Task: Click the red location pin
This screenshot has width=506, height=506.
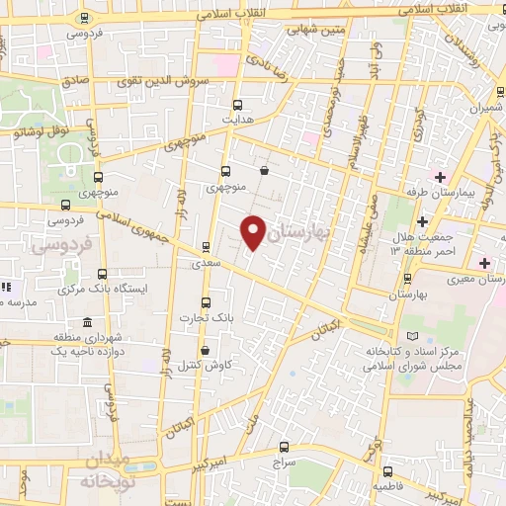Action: pyautogui.click(x=254, y=231)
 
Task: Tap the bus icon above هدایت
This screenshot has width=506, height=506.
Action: pyautogui.click(x=237, y=104)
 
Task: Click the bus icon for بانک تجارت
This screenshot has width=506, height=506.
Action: pyautogui.click(x=206, y=302)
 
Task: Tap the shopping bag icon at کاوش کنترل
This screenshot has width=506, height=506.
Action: pyautogui.click(x=205, y=350)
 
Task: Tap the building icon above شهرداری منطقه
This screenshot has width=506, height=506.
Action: pyautogui.click(x=88, y=323)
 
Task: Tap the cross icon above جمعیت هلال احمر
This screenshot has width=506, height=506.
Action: pyautogui.click(x=422, y=220)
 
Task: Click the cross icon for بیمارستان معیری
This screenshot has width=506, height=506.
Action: pyautogui.click(x=484, y=263)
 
